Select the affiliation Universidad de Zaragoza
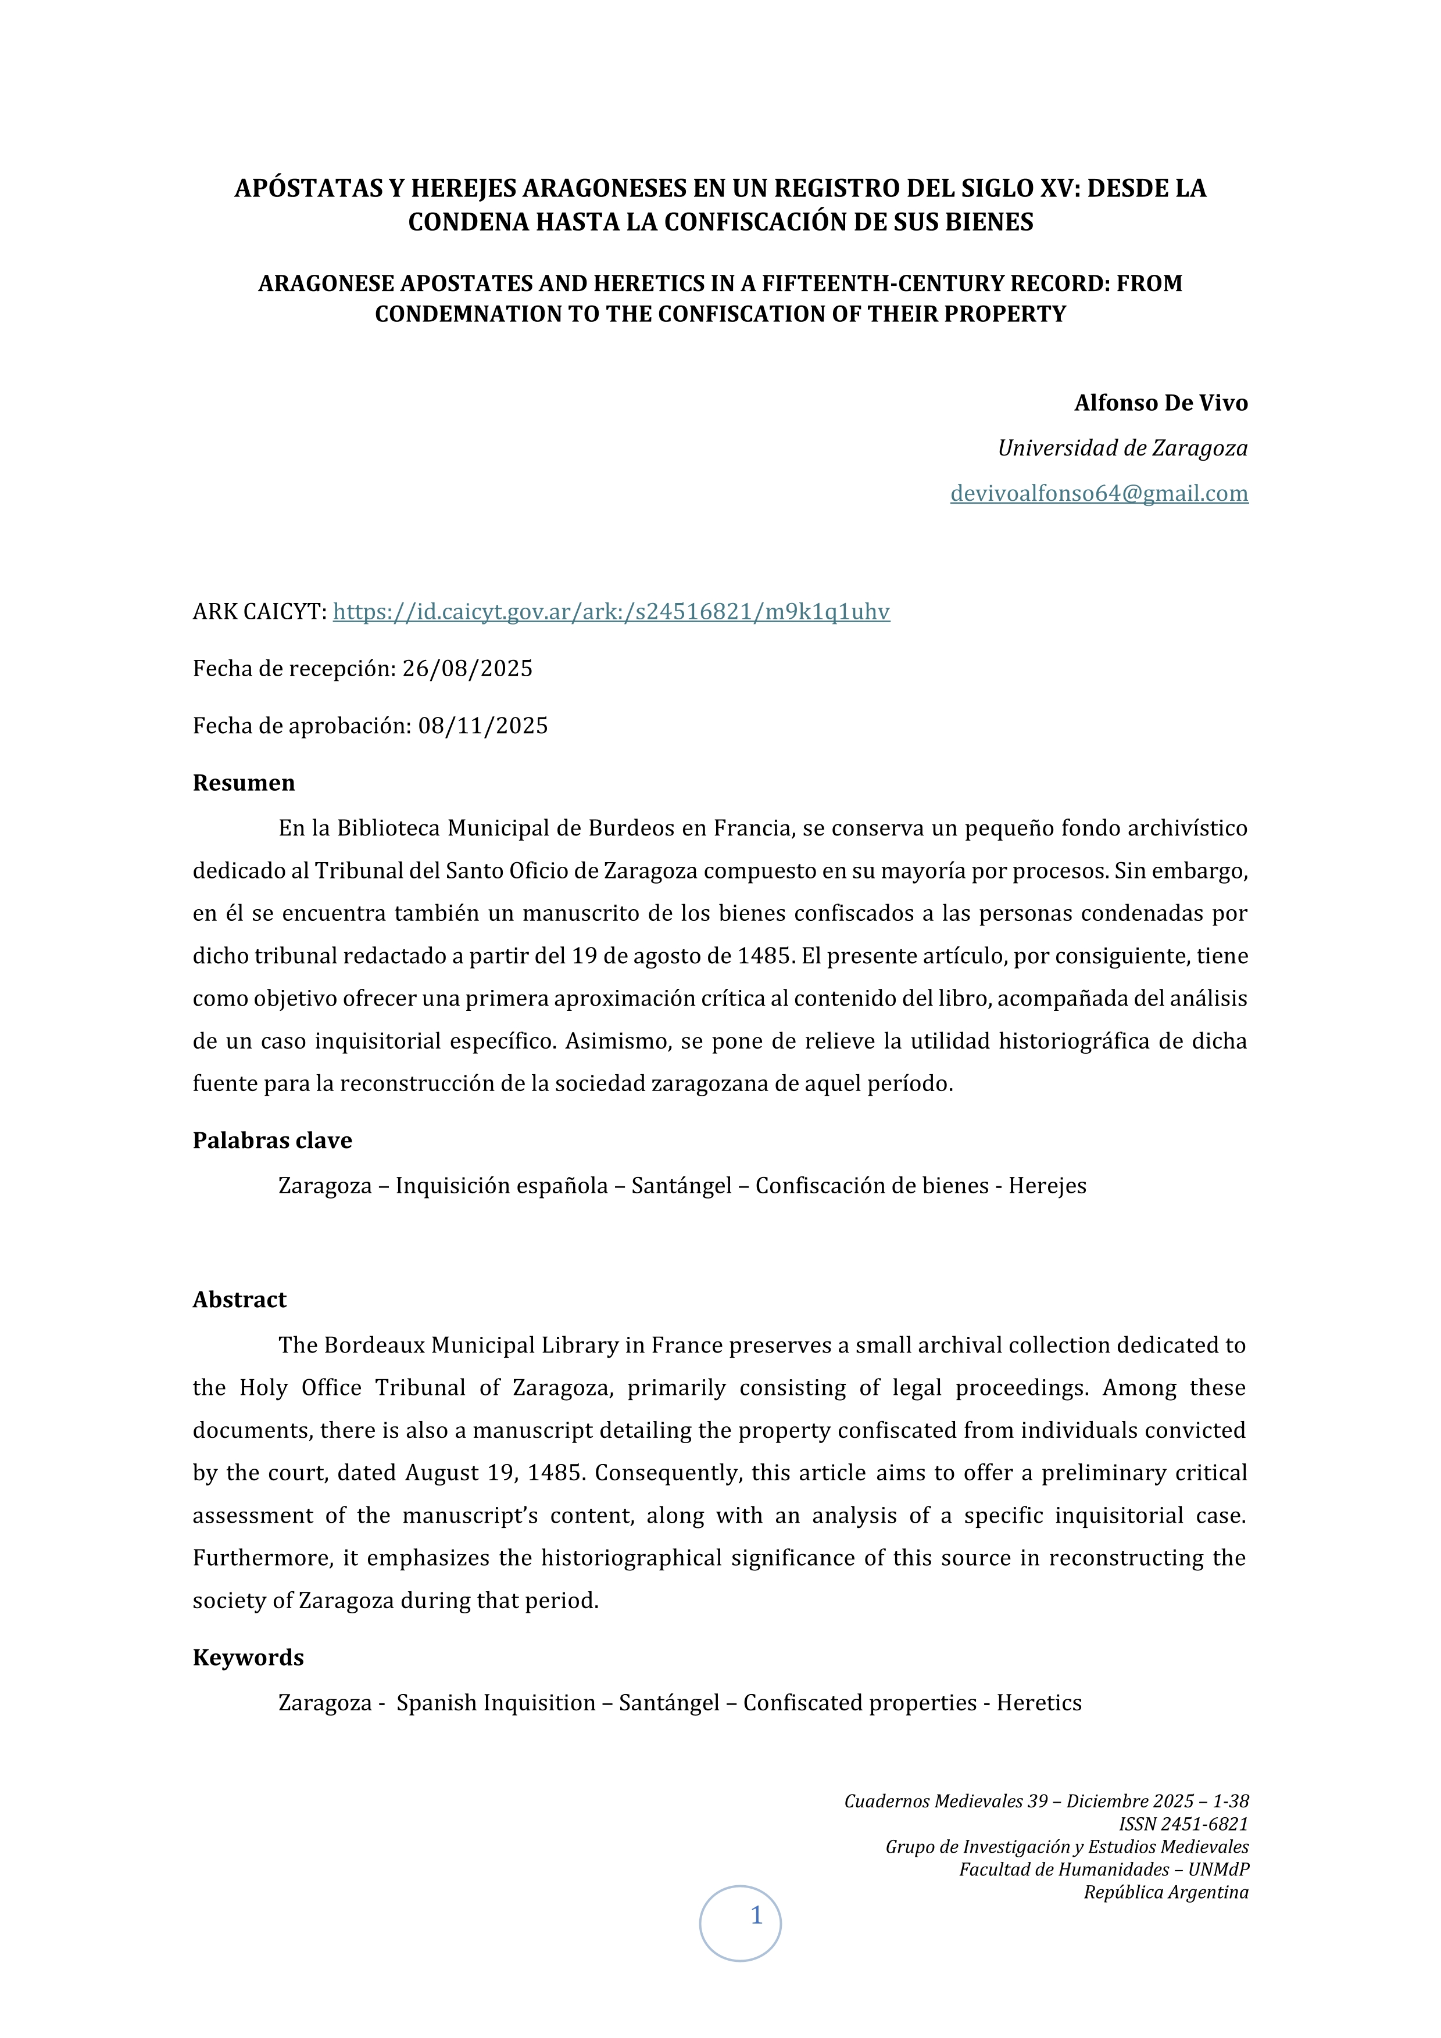[x=1122, y=448]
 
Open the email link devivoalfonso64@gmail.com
[x=1099, y=493]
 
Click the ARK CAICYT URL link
[x=611, y=612]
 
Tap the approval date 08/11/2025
[x=483, y=726]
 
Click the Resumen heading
[x=244, y=783]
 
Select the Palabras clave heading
[x=271, y=1140]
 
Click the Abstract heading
[x=239, y=1300]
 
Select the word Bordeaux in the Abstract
[x=373, y=1345]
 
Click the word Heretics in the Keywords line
[x=1039, y=1702]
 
